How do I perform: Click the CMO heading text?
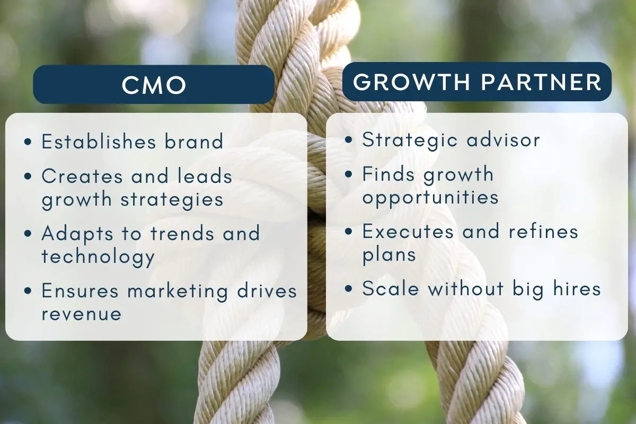(154, 85)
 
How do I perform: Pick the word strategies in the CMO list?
(170, 199)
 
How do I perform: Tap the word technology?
(98, 257)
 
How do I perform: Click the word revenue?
(81, 314)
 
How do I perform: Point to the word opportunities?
(430, 197)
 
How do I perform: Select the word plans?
(389, 255)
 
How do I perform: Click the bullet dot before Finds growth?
(348, 174)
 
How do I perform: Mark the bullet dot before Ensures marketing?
(28, 291)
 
